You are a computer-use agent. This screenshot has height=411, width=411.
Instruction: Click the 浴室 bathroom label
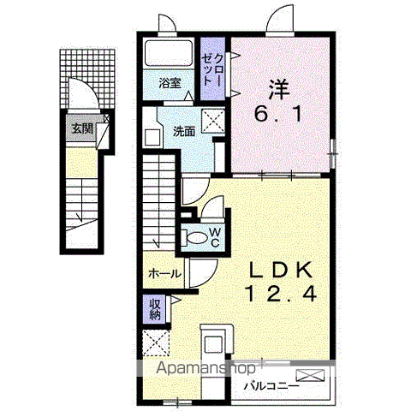click(170, 83)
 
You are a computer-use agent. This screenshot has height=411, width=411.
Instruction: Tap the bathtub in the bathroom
click(169, 53)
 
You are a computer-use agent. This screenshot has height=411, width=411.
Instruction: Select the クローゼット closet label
click(212, 69)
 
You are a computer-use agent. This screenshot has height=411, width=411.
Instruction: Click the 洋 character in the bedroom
click(279, 89)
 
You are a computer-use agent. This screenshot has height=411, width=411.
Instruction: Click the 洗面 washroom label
click(184, 132)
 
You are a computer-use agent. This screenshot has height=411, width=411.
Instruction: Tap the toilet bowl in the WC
click(197, 238)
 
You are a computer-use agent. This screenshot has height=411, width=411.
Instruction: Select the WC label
click(215, 237)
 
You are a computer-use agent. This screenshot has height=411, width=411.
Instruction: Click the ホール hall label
click(164, 274)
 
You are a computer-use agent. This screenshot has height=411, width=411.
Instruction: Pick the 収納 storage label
click(156, 310)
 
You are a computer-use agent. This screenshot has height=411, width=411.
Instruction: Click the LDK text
click(281, 270)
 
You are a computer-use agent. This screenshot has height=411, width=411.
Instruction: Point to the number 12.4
click(281, 294)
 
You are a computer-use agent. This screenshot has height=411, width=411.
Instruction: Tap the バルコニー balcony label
click(271, 387)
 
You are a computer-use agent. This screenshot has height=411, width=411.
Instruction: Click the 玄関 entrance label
click(82, 128)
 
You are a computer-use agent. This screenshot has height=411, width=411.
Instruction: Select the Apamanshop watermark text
click(205, 367)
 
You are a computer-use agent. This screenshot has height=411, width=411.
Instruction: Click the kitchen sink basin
click(213, 344)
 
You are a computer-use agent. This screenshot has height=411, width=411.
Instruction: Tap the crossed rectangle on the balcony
click(311, 375)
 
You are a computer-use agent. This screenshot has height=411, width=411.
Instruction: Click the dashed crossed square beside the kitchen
click(156, 342)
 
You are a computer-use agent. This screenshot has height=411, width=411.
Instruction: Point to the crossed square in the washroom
click(213, 122)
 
